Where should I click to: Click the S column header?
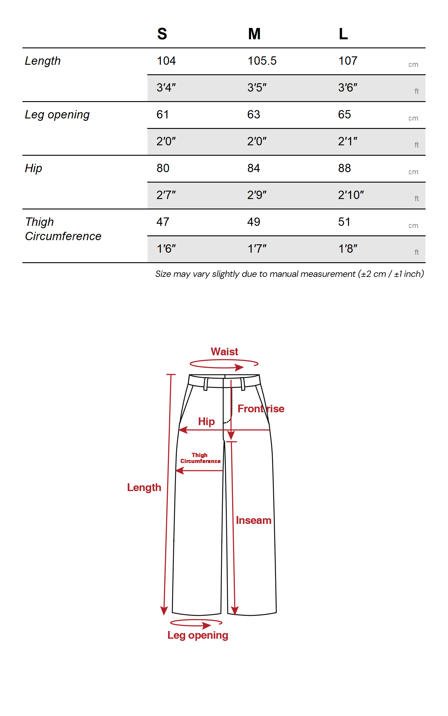pyautogui.click(x=162, y=34)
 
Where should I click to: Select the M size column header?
pyautogui.click(x=254, y=34)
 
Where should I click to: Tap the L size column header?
pyautogui.click(x=343, y=34)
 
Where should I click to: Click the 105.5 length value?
pyautogui.click(x=262, y=61)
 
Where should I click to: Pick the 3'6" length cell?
pyautogui.click(x=348, y=88)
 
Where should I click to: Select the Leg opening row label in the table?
pyautogui.click(x=57, y=115)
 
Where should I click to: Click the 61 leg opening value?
pyautogui.click(x=162, y=115)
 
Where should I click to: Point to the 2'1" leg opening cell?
pyautogui.click(x=348, y=141)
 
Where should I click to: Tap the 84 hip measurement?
pyautogui.click(x=254, y=168)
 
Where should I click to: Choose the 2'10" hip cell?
pyautogui.click(x=351, y=195)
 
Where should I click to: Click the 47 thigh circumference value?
pyautogui.click(x=163, y=222)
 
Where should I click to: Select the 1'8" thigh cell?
pyautogui.click(x=348, y=249)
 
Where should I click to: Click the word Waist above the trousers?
pyautogui.click(x=224, y=352)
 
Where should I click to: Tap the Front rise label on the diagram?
pyautogui.click(x=261, y=409)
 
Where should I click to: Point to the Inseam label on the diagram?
pyautogui.click(x=254, y=520)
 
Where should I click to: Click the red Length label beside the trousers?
pyautogui.click(x=144, y=487)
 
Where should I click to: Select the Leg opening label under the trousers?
pyautogui.click(x=198, y=635)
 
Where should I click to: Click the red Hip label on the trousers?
pyautogui.click(x=206, y=422)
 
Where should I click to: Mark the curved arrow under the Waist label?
pyautogui.click(x=224, y=364)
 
